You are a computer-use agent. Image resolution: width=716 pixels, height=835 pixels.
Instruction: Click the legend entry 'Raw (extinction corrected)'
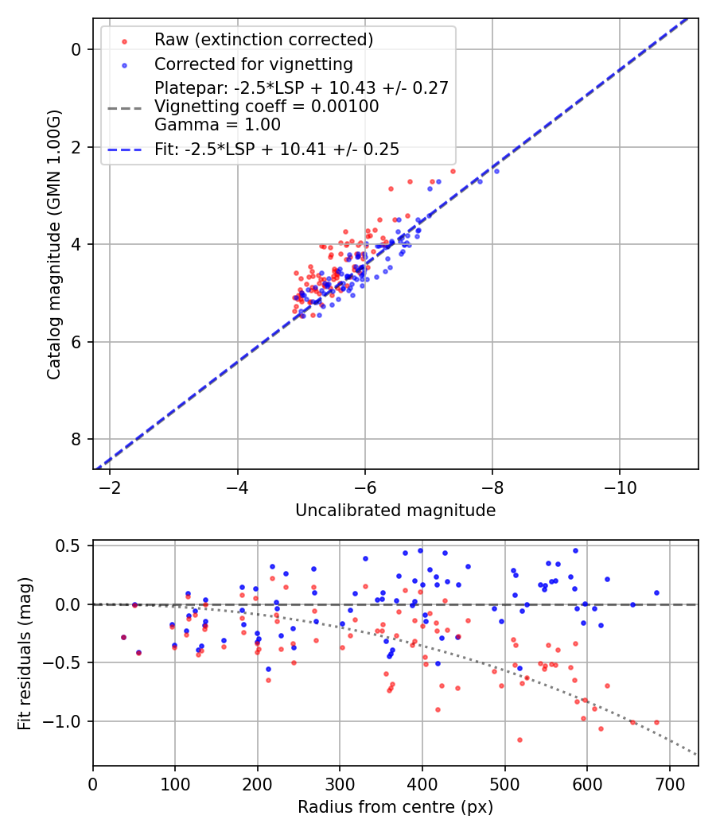[x=263, y=40]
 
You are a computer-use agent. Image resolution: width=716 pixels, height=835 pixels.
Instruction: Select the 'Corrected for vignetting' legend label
[x=253, y=64]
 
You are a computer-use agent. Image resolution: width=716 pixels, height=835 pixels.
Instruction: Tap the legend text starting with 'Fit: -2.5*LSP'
[x=276, y=149]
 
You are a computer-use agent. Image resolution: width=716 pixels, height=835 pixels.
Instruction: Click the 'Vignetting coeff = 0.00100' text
[x=266, y=106]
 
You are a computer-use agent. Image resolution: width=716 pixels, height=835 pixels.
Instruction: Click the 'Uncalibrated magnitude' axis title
[x=395, y=511]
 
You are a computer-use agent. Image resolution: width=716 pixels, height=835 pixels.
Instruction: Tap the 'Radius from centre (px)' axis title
[x=395, y=807]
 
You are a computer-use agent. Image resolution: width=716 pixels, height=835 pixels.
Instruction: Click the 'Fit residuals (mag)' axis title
[x=25, y=653]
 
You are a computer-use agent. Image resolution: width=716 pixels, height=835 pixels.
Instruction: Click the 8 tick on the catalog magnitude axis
[x=76, y=440]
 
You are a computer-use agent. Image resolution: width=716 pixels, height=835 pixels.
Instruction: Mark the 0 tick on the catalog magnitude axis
[x=76, y=49]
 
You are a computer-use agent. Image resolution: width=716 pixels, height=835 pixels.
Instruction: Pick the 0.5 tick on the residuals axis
[x=72, y=546]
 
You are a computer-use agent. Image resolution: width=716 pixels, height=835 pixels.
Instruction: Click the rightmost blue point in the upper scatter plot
[x=496, y=171]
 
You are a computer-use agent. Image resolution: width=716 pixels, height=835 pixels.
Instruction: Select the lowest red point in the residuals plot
[x=519, y=740]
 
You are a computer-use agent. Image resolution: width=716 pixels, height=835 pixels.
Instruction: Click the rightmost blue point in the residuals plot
[x=656, y=592]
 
